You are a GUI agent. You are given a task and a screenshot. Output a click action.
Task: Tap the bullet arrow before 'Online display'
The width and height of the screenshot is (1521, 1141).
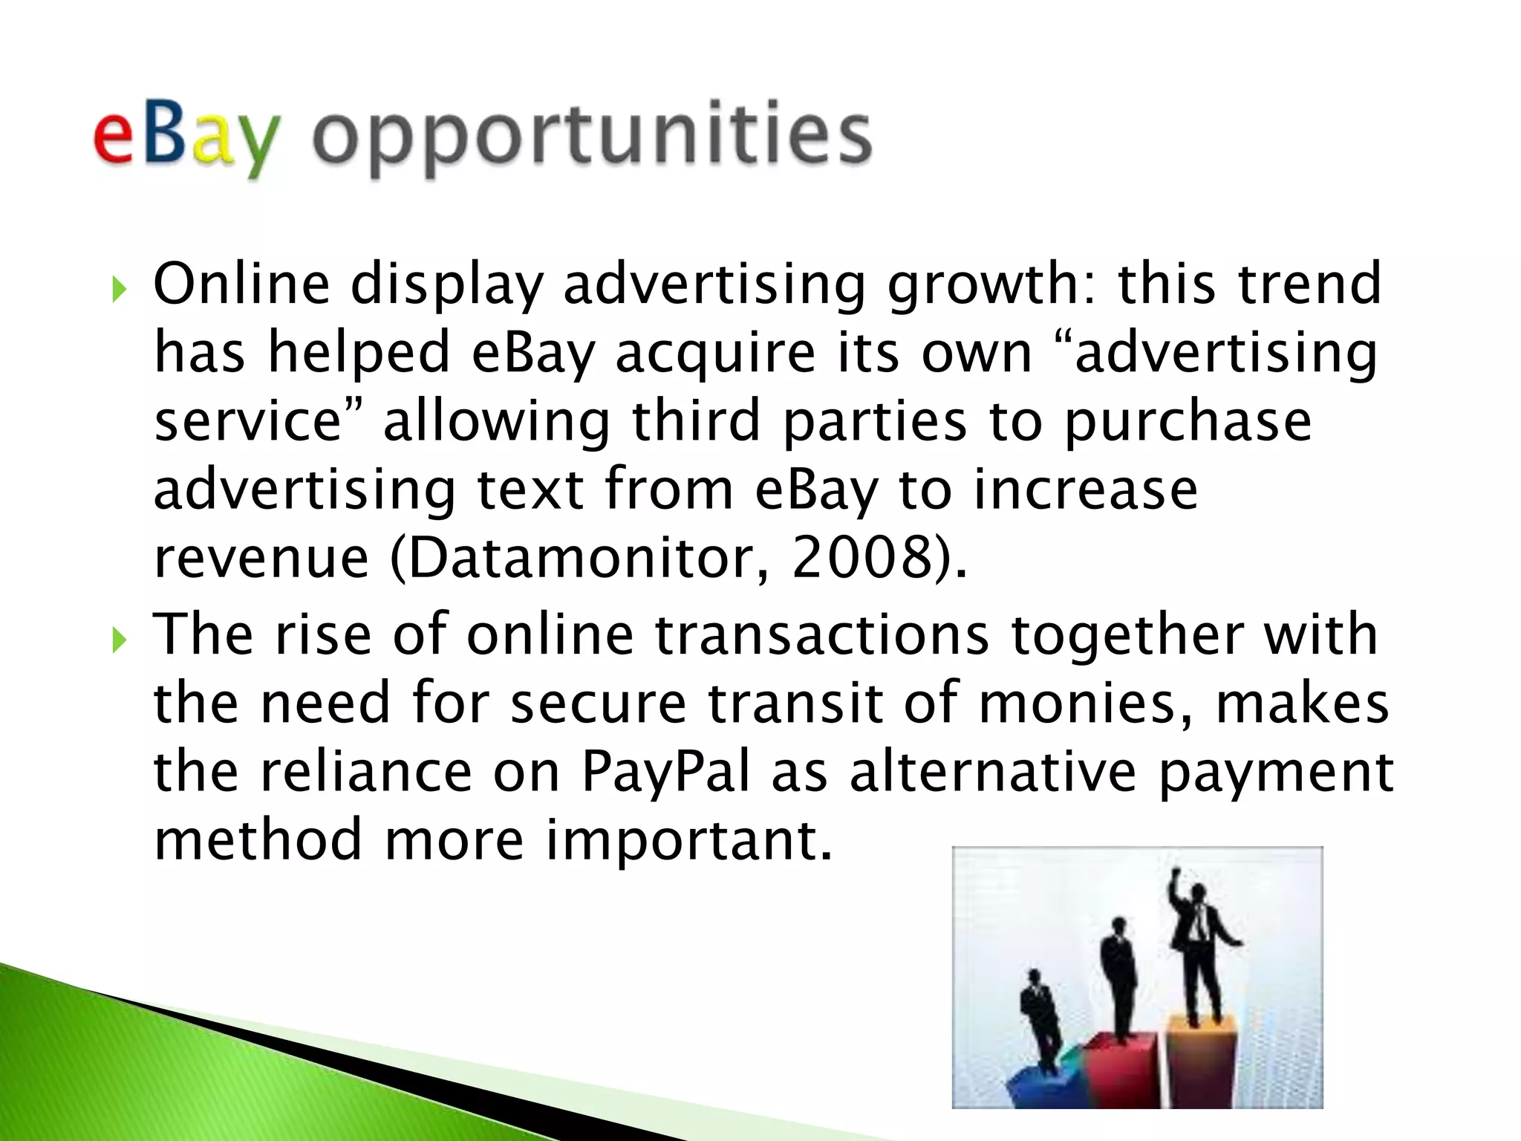[x=120, y=288]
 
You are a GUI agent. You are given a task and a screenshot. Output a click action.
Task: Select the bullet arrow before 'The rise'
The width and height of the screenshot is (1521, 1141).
[x=120, y=638]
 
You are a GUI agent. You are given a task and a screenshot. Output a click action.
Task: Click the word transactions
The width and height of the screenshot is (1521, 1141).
[x=821, y=635]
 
